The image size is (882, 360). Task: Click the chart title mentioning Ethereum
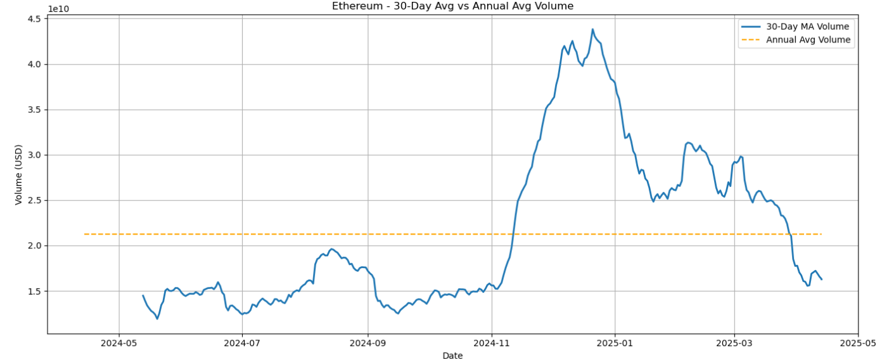point(452,6)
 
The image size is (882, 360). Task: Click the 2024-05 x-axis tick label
point(118,343)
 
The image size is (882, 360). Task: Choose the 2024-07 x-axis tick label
point(242,343)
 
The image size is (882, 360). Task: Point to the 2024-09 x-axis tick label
point(367,343)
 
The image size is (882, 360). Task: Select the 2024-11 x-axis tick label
point(491,343)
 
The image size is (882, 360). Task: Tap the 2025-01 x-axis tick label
point(615,343)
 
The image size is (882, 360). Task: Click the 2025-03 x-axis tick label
point(734,343)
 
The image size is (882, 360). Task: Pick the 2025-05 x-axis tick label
point(858,343)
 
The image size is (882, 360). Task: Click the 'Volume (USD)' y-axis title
point(18,174)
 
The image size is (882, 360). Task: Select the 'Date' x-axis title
point(452,356)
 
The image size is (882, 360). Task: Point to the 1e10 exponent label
point(58,9)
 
